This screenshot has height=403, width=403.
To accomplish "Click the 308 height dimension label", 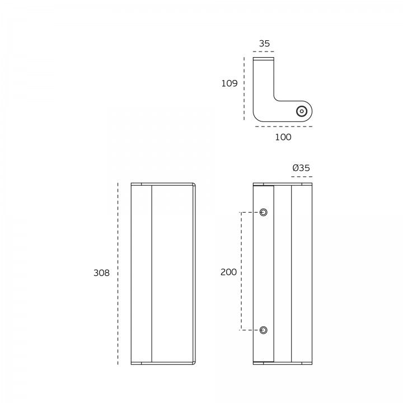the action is [101, 273].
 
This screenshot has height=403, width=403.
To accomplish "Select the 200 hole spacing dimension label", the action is [228, 272].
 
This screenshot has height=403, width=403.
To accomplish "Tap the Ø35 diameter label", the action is [301, 168].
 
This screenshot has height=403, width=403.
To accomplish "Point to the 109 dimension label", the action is [229, 83].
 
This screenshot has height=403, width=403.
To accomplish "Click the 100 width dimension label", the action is [283, 137].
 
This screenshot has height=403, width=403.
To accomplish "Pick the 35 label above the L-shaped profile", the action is [264, 44].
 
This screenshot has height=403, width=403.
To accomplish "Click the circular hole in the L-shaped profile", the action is [302, 111].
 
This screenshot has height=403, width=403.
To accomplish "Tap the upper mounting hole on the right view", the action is [263, 212].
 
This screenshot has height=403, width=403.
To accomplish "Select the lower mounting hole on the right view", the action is [263, 330].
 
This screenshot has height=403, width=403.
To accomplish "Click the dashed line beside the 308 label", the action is [118, 274].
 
